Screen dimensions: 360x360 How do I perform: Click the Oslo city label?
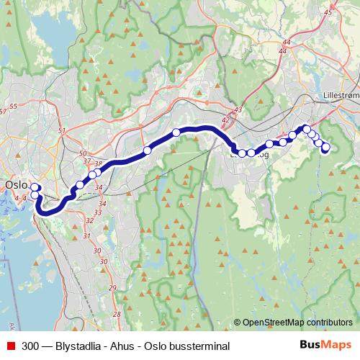pyautogui.click(x=15, y=185)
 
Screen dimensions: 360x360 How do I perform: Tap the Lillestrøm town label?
pyautogui.click(x=341, y=94)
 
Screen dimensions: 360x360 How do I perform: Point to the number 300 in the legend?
pyautogui.click(x=30, y=346)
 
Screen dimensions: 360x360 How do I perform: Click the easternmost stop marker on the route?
pyautogui.click(x=325, y=148)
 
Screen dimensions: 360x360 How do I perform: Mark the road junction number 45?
pyautogui.click(x=328, y=12)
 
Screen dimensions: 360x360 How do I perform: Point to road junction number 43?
pyautogui.click(x=238, y=109)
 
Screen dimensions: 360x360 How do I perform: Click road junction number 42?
pyautogui.click(x=226, y=120)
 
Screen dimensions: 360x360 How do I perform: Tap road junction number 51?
pyautogui.click(x=63, y=130)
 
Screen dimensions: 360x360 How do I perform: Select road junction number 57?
pyautogui.click(x=4, y=109)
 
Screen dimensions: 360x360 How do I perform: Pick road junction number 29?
pyautogui.click(x=112, y=288)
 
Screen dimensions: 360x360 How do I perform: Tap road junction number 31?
pyautogui.click(x=86, y=235)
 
